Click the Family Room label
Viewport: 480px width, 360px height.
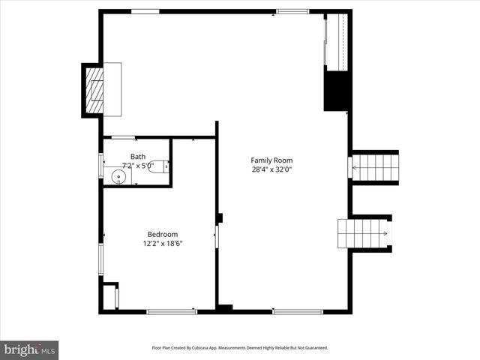[271, 160]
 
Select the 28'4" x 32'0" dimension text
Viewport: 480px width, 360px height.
[271, 169]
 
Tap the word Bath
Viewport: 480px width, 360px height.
[138, 157]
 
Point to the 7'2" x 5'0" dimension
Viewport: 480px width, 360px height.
[138, 166]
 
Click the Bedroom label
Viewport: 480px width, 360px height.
[163, 234]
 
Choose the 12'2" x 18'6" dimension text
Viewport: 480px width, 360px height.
[163, 243]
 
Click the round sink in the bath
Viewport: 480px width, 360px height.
[118, 177]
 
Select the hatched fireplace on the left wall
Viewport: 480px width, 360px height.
[94, 89]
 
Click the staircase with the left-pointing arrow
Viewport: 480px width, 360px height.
[375, 166]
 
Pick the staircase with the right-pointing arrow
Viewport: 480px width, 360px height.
[364, 233]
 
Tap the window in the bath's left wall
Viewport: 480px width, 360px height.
[100, 165]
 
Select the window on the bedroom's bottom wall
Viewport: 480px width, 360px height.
[172, 311]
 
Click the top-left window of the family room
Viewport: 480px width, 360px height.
[145, 11]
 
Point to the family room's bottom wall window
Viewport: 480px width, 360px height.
[298, 311]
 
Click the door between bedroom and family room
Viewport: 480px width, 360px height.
[217, 236]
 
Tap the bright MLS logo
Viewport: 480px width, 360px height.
[29, 349]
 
